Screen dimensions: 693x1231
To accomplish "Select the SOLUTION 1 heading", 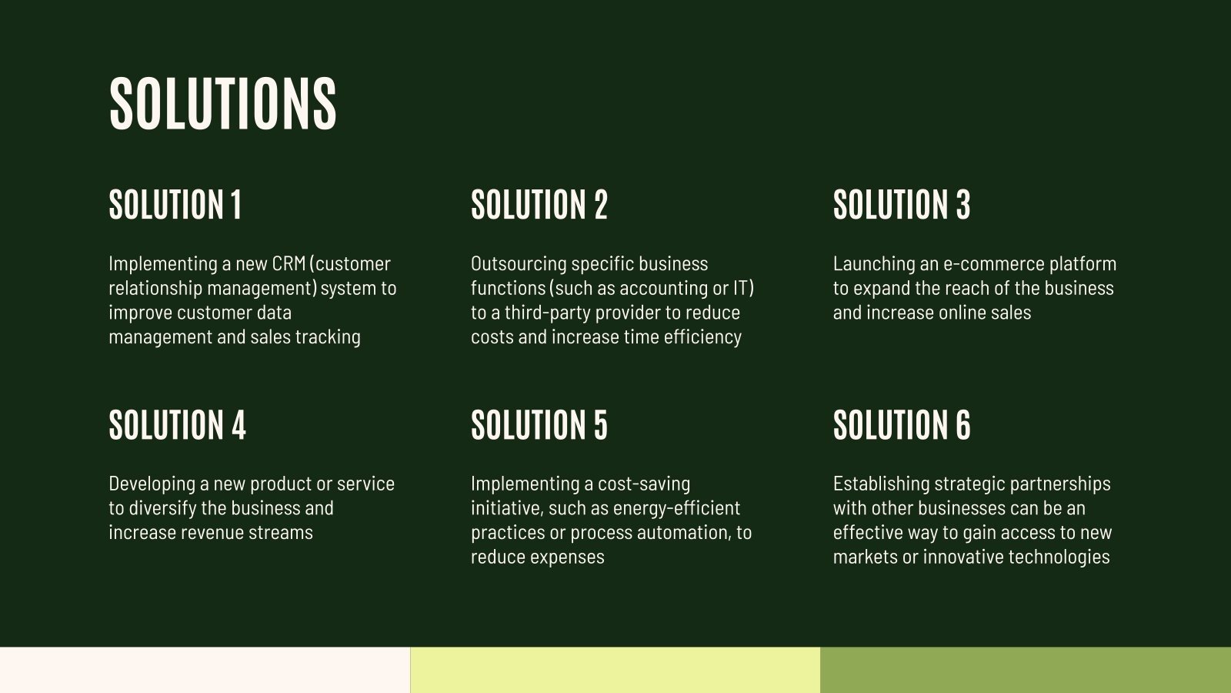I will click(175, 205).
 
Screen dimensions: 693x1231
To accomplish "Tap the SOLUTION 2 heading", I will click(539, 205).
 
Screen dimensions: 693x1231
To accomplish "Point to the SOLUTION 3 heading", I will click(902, 205).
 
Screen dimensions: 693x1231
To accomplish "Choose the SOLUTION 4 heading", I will click(178, 425).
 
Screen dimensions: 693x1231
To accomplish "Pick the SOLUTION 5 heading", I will click(539, 425).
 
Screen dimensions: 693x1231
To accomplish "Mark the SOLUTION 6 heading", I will click(902, 425).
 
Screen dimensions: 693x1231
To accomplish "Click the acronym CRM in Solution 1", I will click(289, 263).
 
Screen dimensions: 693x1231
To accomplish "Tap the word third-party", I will click(543, 313).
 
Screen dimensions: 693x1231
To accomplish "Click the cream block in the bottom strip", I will click(205, 670).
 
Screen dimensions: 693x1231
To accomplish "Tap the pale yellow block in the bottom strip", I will click(615, 670).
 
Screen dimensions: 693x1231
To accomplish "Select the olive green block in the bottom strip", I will click(1026, 670).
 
